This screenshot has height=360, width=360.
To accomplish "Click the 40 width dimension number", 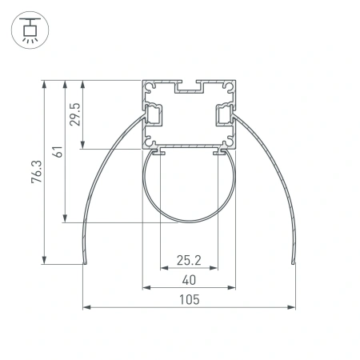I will pos(189,279).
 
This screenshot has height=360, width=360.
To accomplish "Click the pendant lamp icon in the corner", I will pos(30,30).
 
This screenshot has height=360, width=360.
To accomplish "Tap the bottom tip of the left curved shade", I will pos(84,262).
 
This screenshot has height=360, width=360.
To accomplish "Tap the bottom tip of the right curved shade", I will pos(294,262).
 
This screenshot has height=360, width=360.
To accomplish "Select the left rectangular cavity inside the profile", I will pos(153,116).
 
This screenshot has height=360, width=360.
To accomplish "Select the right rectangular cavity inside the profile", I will pos(225,116).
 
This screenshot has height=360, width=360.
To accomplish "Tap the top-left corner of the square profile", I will pos(143,81).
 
